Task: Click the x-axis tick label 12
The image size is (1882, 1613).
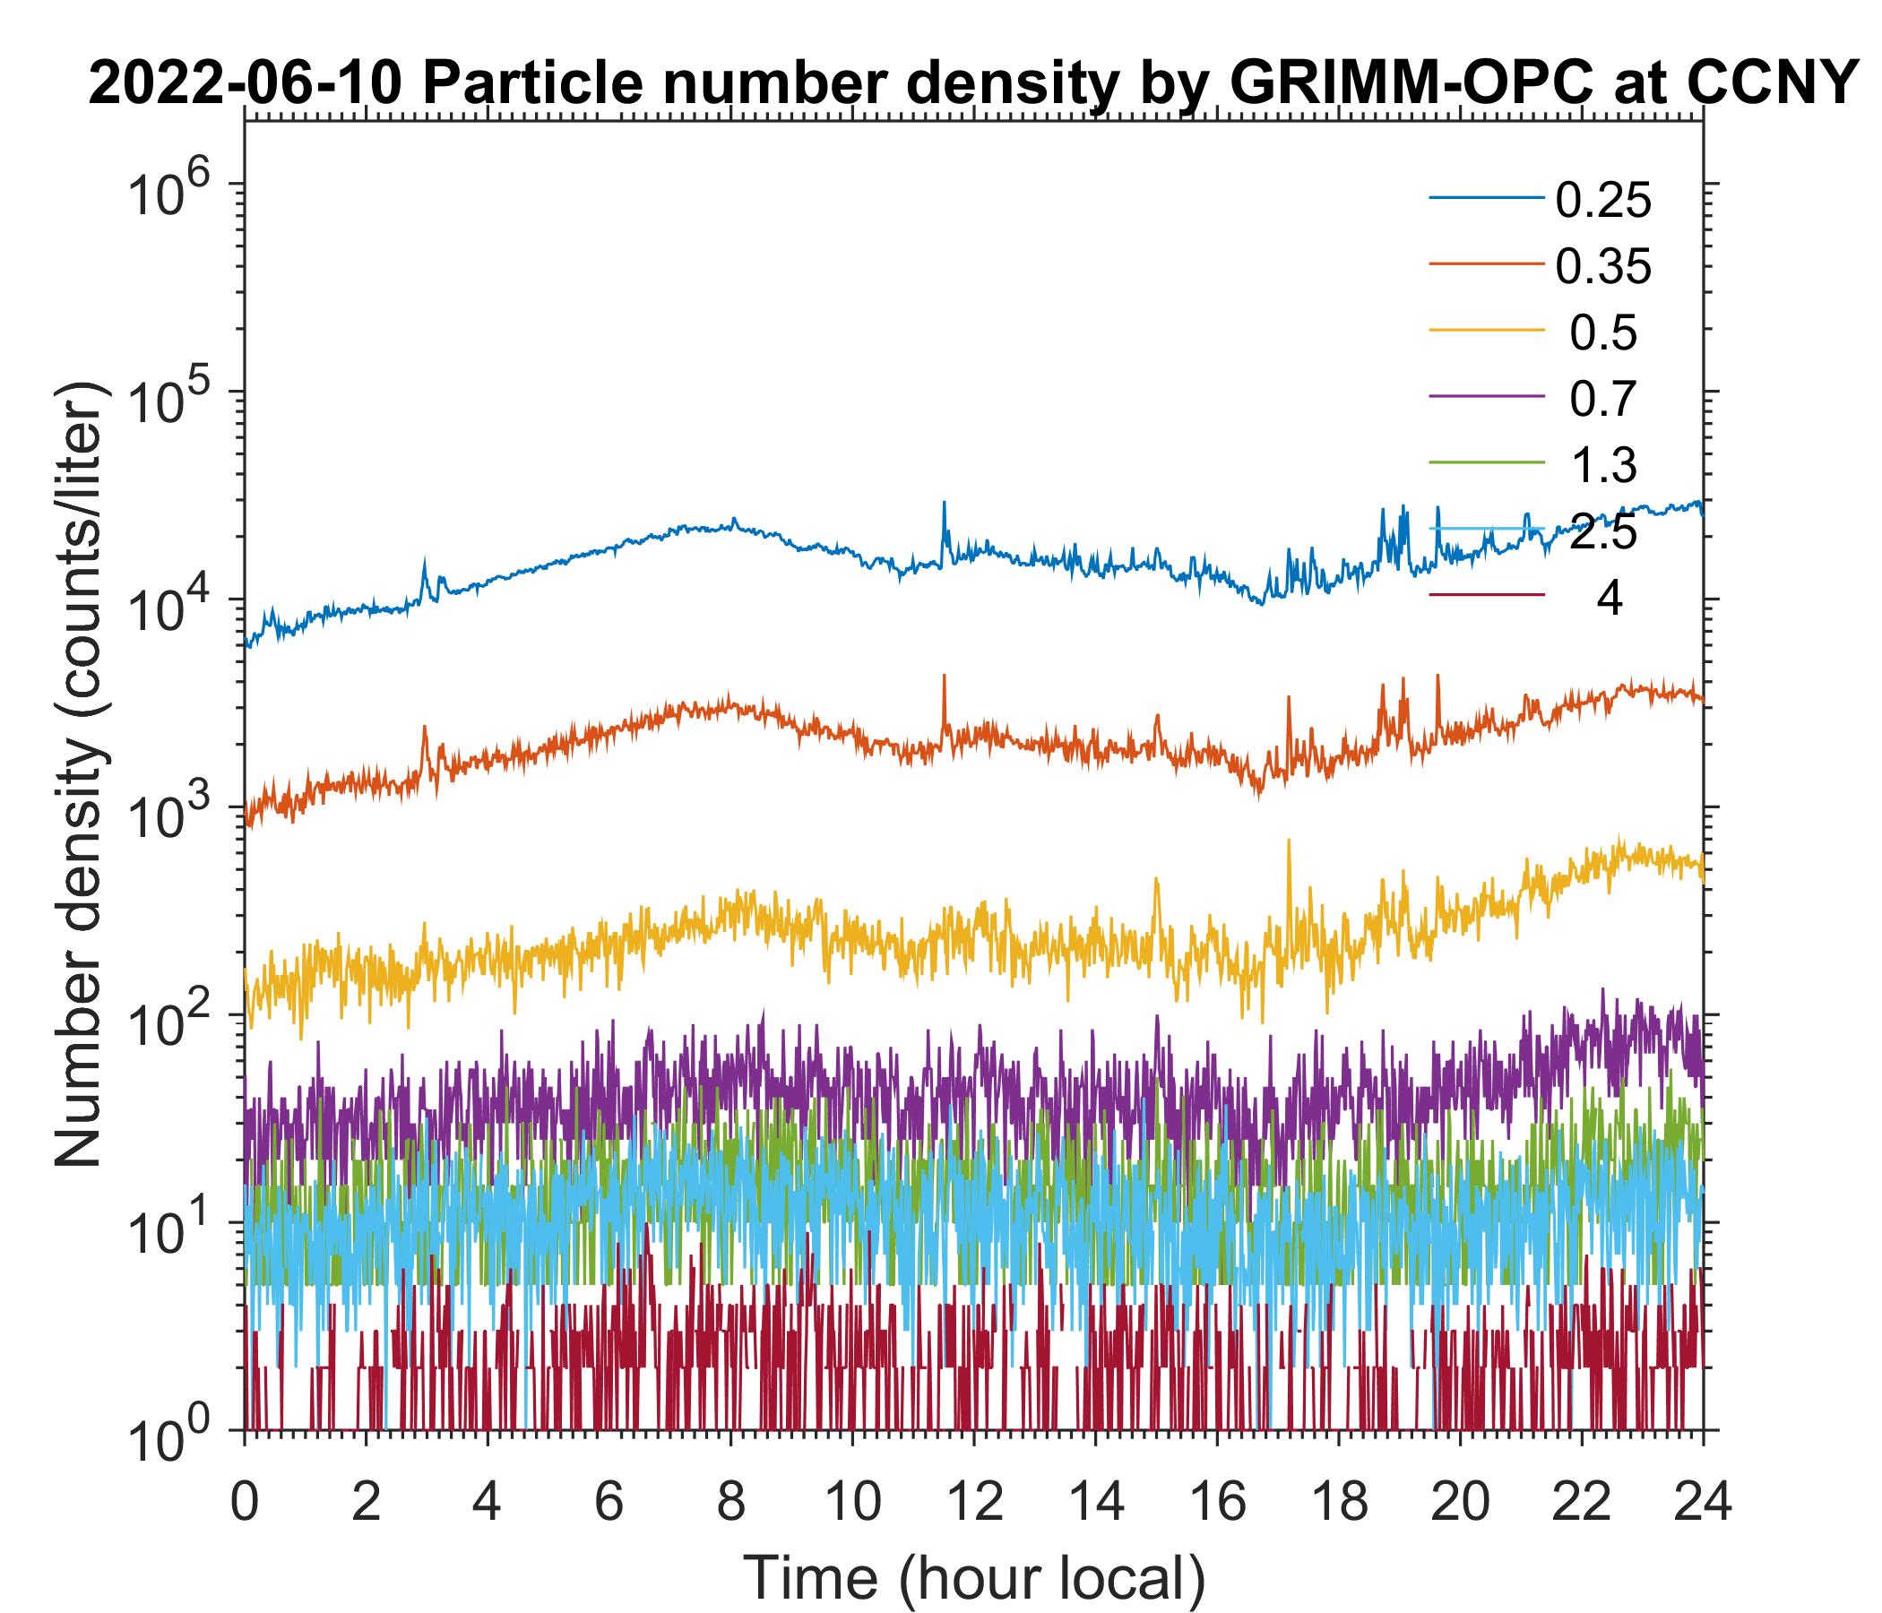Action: tap(973, 1502)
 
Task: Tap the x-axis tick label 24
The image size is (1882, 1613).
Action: tap(1702, 1502)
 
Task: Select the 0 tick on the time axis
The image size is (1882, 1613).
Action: tap(245, 1502)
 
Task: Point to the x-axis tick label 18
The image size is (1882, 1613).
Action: tap(1338, 1502)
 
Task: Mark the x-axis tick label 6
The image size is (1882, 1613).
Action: tap(609, 1502)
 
